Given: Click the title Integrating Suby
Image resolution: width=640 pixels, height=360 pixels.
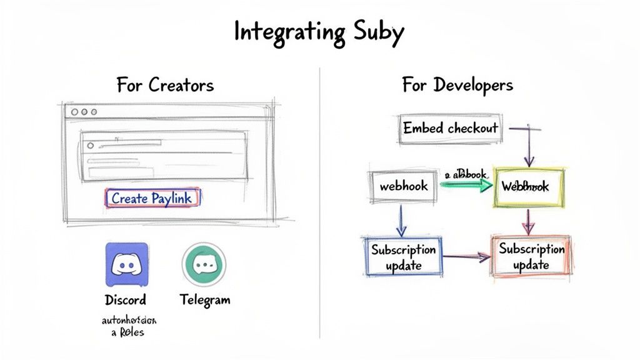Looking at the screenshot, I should [319, 31].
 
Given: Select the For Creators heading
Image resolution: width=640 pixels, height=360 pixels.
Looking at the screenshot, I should [165, 84].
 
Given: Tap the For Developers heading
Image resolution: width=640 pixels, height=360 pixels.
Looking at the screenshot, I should [457, 84].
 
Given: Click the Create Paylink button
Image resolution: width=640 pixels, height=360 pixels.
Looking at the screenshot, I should [152, 198].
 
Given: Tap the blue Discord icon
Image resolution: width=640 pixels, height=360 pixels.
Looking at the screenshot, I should [127, 264].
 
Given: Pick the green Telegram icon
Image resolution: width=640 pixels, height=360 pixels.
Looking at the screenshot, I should [204, 264].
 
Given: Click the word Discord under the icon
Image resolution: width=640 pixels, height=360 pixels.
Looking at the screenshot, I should [126, 299].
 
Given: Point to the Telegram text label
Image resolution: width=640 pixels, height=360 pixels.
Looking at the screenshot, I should [204, 299].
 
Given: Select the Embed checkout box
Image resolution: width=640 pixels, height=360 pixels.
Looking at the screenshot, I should [450, 129].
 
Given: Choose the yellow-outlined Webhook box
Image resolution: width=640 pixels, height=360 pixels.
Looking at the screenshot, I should [529, 187].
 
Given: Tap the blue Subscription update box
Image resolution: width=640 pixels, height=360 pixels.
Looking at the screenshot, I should [403, 257].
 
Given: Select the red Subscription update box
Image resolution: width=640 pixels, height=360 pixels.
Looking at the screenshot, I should [531, 256].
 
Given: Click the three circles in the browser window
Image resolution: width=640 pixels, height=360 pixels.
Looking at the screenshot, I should [84, 112].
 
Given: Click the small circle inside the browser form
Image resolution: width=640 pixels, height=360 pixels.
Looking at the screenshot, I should [91, 145].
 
